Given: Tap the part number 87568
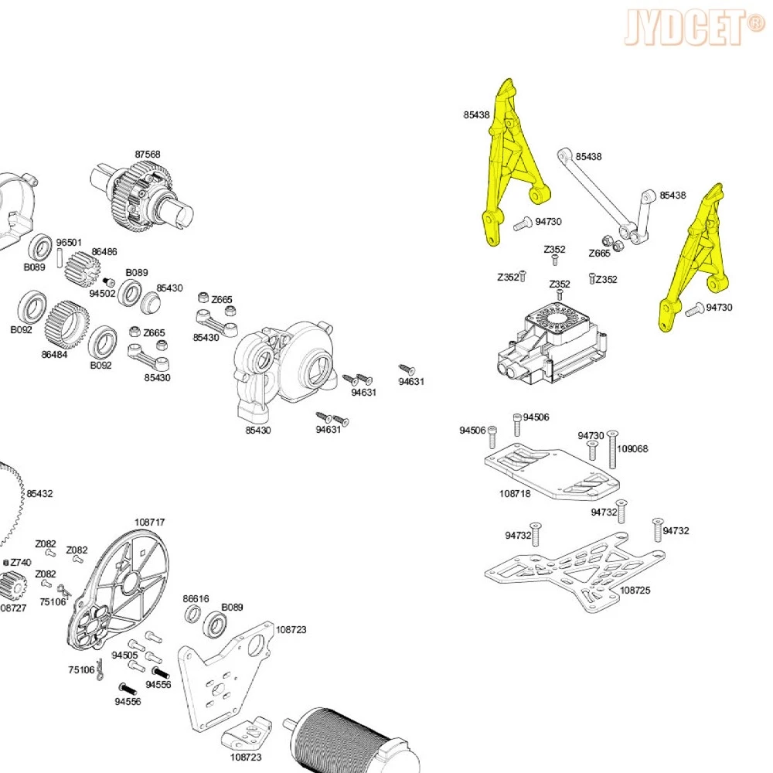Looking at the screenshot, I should pos(148,155).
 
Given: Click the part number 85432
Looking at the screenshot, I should pos(40,493).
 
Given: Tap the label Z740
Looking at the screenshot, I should pos(20,562).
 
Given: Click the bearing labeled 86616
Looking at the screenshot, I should pos(192,615).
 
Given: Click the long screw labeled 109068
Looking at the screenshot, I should pos(613,450).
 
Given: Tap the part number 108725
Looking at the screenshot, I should pos(635,590).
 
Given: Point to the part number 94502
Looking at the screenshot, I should pos(102,293).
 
